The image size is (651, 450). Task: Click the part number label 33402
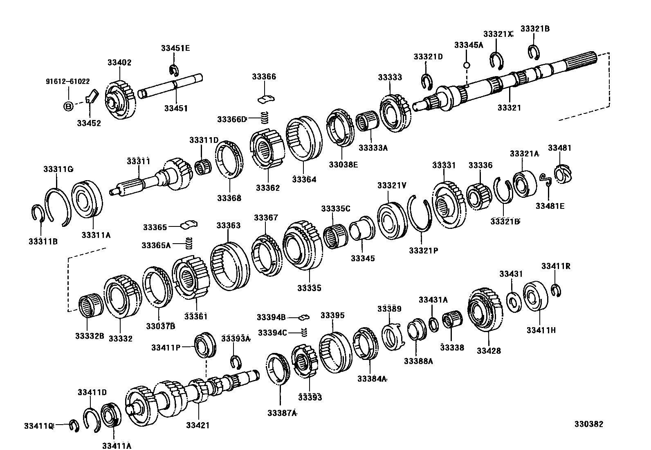pyautogui.click(x=119, y=63)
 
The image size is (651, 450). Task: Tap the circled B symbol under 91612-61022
pyautogui.click(x=68, y=106)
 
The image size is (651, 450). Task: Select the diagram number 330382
pyautogui.click(x=587, y=425)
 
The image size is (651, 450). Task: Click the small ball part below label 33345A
pyautogui.click(x=466, y=65)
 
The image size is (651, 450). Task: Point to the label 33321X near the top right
pyautogui.click(x=498, y=34)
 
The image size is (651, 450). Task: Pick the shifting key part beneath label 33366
pyautogui.click(x=267, y=99)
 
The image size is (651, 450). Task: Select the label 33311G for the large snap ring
pyautogui.click(x=58, y=169)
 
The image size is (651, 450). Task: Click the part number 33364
pyautogui.click(x=304, y=179)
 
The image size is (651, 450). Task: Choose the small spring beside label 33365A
pyautogui.click(x=189, y=243)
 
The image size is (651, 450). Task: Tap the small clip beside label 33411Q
pyautogui.click(x=74, y=426)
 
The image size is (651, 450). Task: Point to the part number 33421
pyautogui.click(x=198, y=425)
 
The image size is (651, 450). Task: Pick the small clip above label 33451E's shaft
pyautogui.click(x=174, y=70)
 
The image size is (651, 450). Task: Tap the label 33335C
pyautogui.click(x=336, y=208)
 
